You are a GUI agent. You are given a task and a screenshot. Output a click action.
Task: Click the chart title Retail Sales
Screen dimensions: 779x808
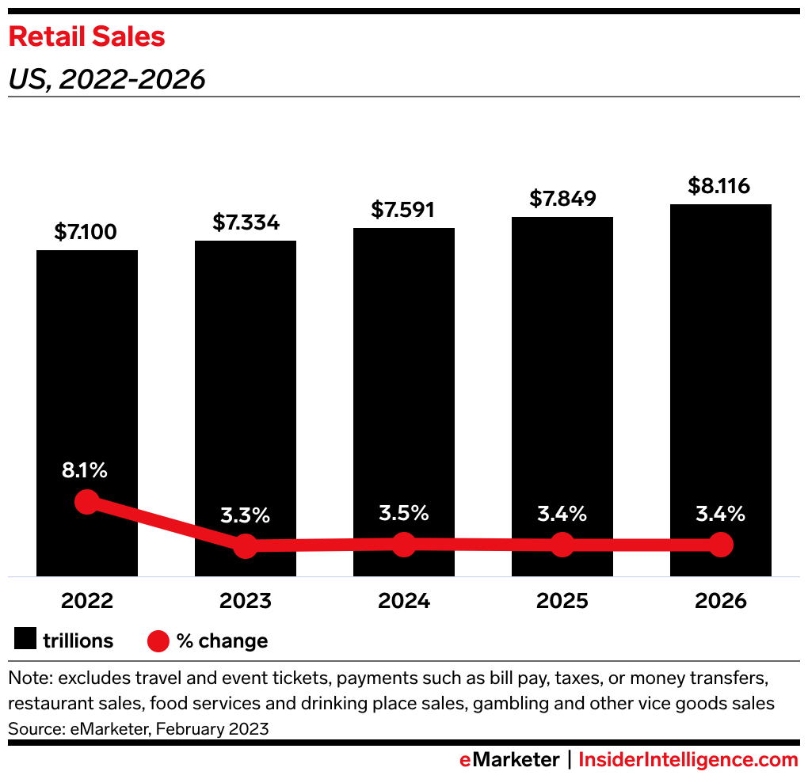click(x=86, y=36)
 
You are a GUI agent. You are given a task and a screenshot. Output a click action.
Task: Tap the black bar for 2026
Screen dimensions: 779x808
click(x=721, y=356)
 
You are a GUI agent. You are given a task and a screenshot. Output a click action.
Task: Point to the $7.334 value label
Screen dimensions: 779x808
click(x=246, y=222)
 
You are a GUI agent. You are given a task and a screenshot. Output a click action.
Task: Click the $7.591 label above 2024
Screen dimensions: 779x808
click(x=404, y=210)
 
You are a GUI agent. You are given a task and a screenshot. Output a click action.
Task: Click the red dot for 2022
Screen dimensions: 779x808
click(x=86, y=501)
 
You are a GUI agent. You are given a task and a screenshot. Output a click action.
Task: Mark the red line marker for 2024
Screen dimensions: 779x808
click(x=404, y=544)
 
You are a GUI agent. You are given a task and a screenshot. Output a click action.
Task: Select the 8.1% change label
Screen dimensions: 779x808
click(x=85, y=470)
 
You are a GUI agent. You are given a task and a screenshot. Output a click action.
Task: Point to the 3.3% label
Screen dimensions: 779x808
click(x=246, y=516)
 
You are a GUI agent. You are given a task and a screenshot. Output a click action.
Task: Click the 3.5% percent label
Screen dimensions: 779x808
click(x=404, y=512)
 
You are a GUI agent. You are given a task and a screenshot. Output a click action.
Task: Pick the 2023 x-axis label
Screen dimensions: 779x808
click(x=246, y=601)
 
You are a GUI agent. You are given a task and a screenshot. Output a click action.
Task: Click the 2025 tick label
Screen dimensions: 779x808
click(x=562, y=601)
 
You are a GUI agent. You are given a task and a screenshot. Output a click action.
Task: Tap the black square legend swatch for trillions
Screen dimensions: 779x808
click(x=25, y=640)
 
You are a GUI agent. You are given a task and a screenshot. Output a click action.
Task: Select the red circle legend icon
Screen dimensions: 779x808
click(x=158, y=640)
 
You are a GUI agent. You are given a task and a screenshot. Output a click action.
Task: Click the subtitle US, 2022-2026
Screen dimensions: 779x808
click(x=107, y=79)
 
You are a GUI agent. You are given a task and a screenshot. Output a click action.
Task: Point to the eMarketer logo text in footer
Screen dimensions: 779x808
click(x=509, y=760)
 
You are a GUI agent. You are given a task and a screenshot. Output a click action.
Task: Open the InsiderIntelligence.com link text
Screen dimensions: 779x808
click(x=688, y=760)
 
